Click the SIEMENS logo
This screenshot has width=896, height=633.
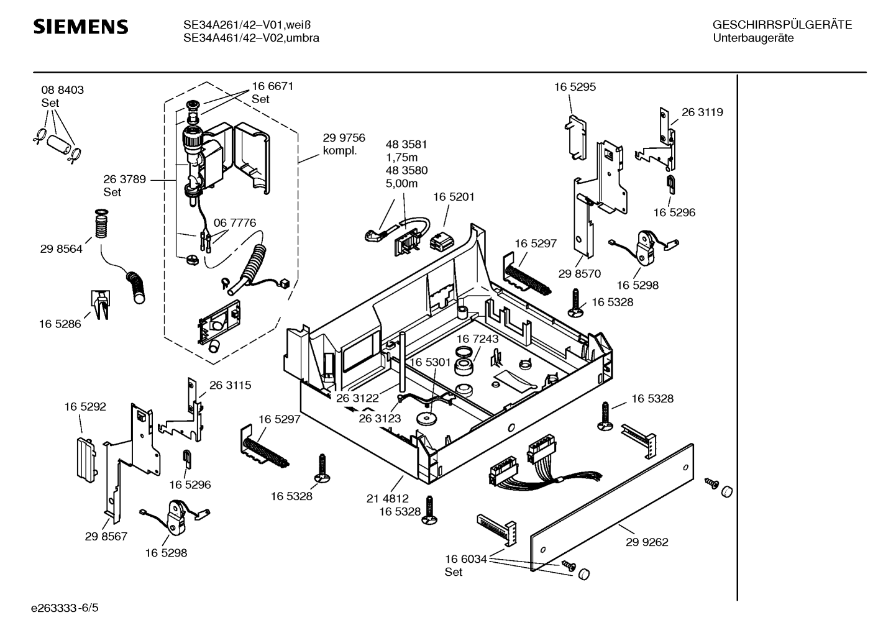pyautogui.click(x=81, y=27)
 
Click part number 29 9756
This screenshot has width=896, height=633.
pyautogui.click(x=344, y=138)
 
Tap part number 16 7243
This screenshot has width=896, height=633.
pyautogui.click(x=477, y=339)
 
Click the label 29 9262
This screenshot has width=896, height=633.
pyautogui.click(x=647, y=542)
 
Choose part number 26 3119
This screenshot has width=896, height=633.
pyautogui.click(x=702, y=112)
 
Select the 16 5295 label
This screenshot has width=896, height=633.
pyautogui.click(x=575, y=87)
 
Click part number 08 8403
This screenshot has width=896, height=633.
pyautogui.click(x=63, y=90)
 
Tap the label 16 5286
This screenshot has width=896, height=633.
pyautogui.click(x=60, y=324)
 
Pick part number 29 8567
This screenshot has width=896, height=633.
pyautogui.click(x=106, y=536)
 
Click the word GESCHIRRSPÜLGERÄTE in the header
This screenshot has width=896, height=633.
pyautogui.click(x=782, y=25)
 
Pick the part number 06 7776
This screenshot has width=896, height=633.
pyautogui.click(x=235, y=223)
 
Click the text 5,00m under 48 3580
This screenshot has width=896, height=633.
pyautogui.click(x=401, y=183)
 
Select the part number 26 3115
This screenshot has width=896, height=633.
pyautogui.click(x=230, y=385)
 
